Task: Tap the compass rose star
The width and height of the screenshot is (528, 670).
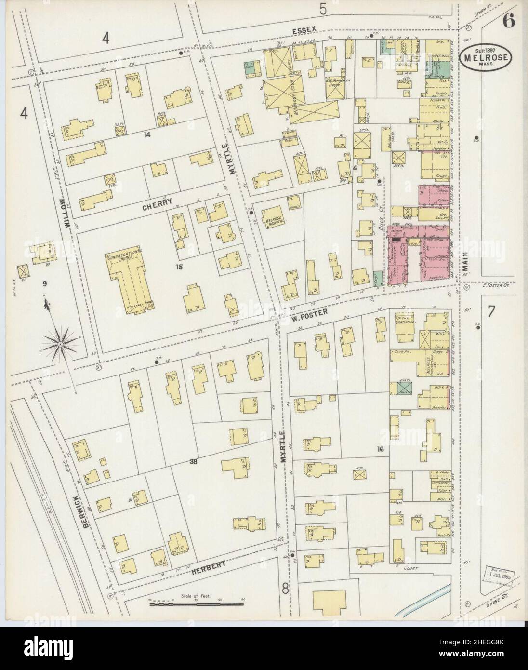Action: point(60,344)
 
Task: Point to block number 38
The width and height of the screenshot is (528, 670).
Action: point(194,461)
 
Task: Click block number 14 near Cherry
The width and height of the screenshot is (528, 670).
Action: point(147,135)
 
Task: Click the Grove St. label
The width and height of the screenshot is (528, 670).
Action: point(494,602)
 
